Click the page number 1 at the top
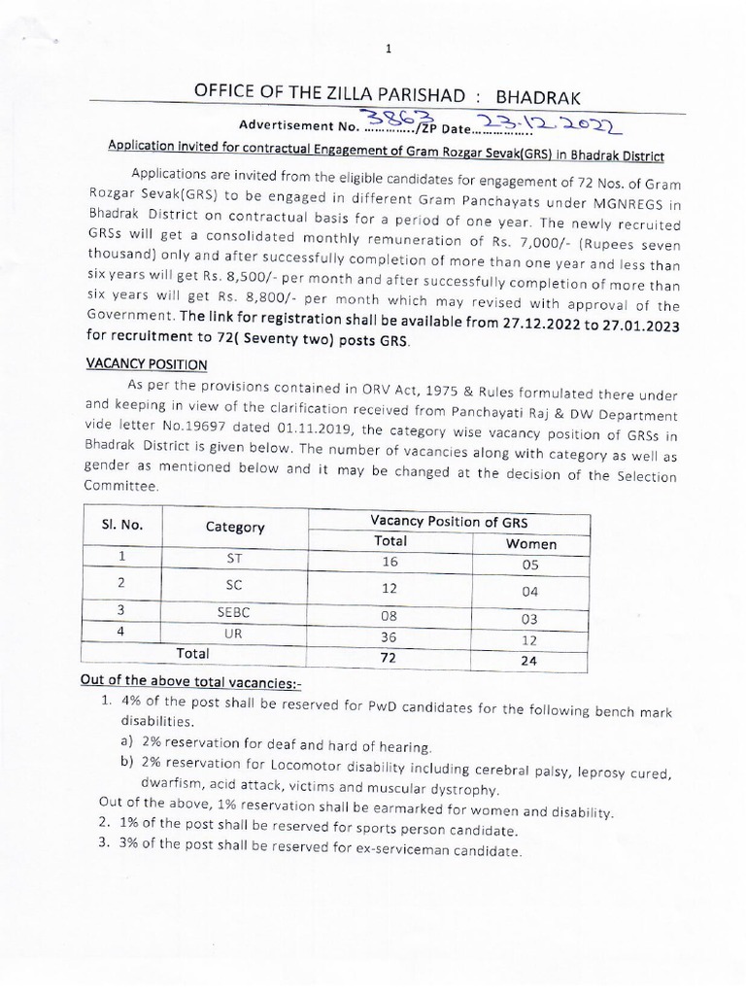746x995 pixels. click(x=387, y=50)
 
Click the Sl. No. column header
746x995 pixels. click(x=121, y=525)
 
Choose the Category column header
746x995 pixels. click(x=235, y=527)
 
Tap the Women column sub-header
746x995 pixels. click(x=530, y=543)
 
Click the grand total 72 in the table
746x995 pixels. click(x=390, y=660)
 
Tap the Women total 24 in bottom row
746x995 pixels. click(x=530, y=662)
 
